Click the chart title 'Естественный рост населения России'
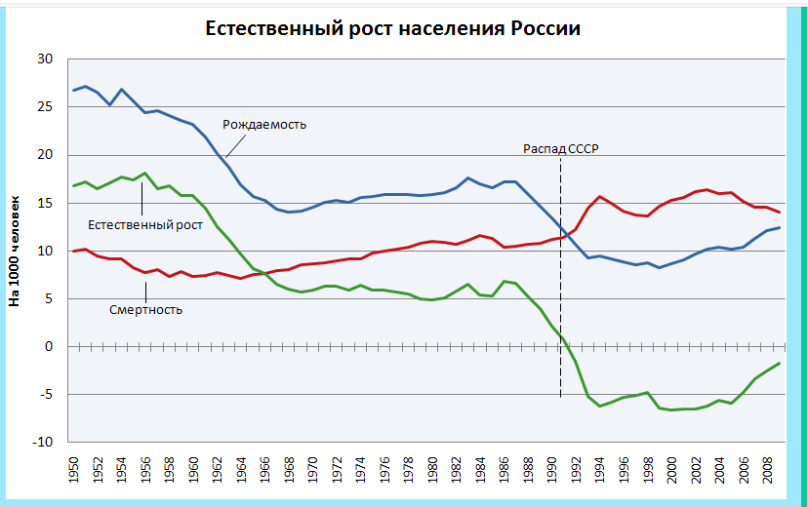click(x=392, y=28)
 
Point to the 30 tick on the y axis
click(x=44, y=59)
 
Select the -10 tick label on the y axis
click(x=40, y=442)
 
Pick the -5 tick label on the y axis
click(x=44, y=394)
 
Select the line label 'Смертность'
click(x=146, y=309)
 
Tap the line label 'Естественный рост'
click(x=145, y=225)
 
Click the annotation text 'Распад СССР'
click(x=560, y=148)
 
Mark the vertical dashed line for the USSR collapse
click(x=560, y=292)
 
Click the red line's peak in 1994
click(x=600, y=197)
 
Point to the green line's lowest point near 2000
click(x=672, y=409)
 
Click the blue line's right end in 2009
click(x=780, y=227)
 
